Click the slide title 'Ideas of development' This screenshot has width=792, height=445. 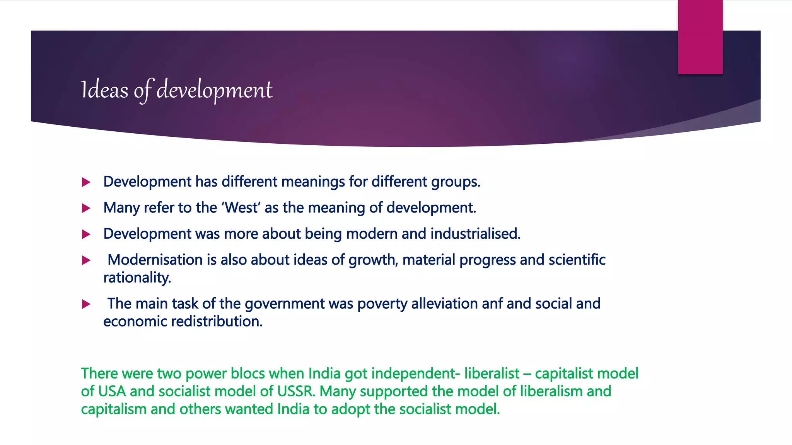pos(177,90)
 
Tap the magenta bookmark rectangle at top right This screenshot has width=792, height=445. pos(700,37)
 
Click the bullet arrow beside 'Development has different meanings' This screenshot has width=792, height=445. pos(86,182)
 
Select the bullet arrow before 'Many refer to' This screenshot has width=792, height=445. pos(86,209)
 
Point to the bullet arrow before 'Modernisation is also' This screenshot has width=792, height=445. pos(86,261)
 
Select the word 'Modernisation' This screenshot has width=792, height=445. pos(155,260)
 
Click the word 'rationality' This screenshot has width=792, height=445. pos(137,278)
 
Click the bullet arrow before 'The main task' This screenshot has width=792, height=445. pos(86,304)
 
